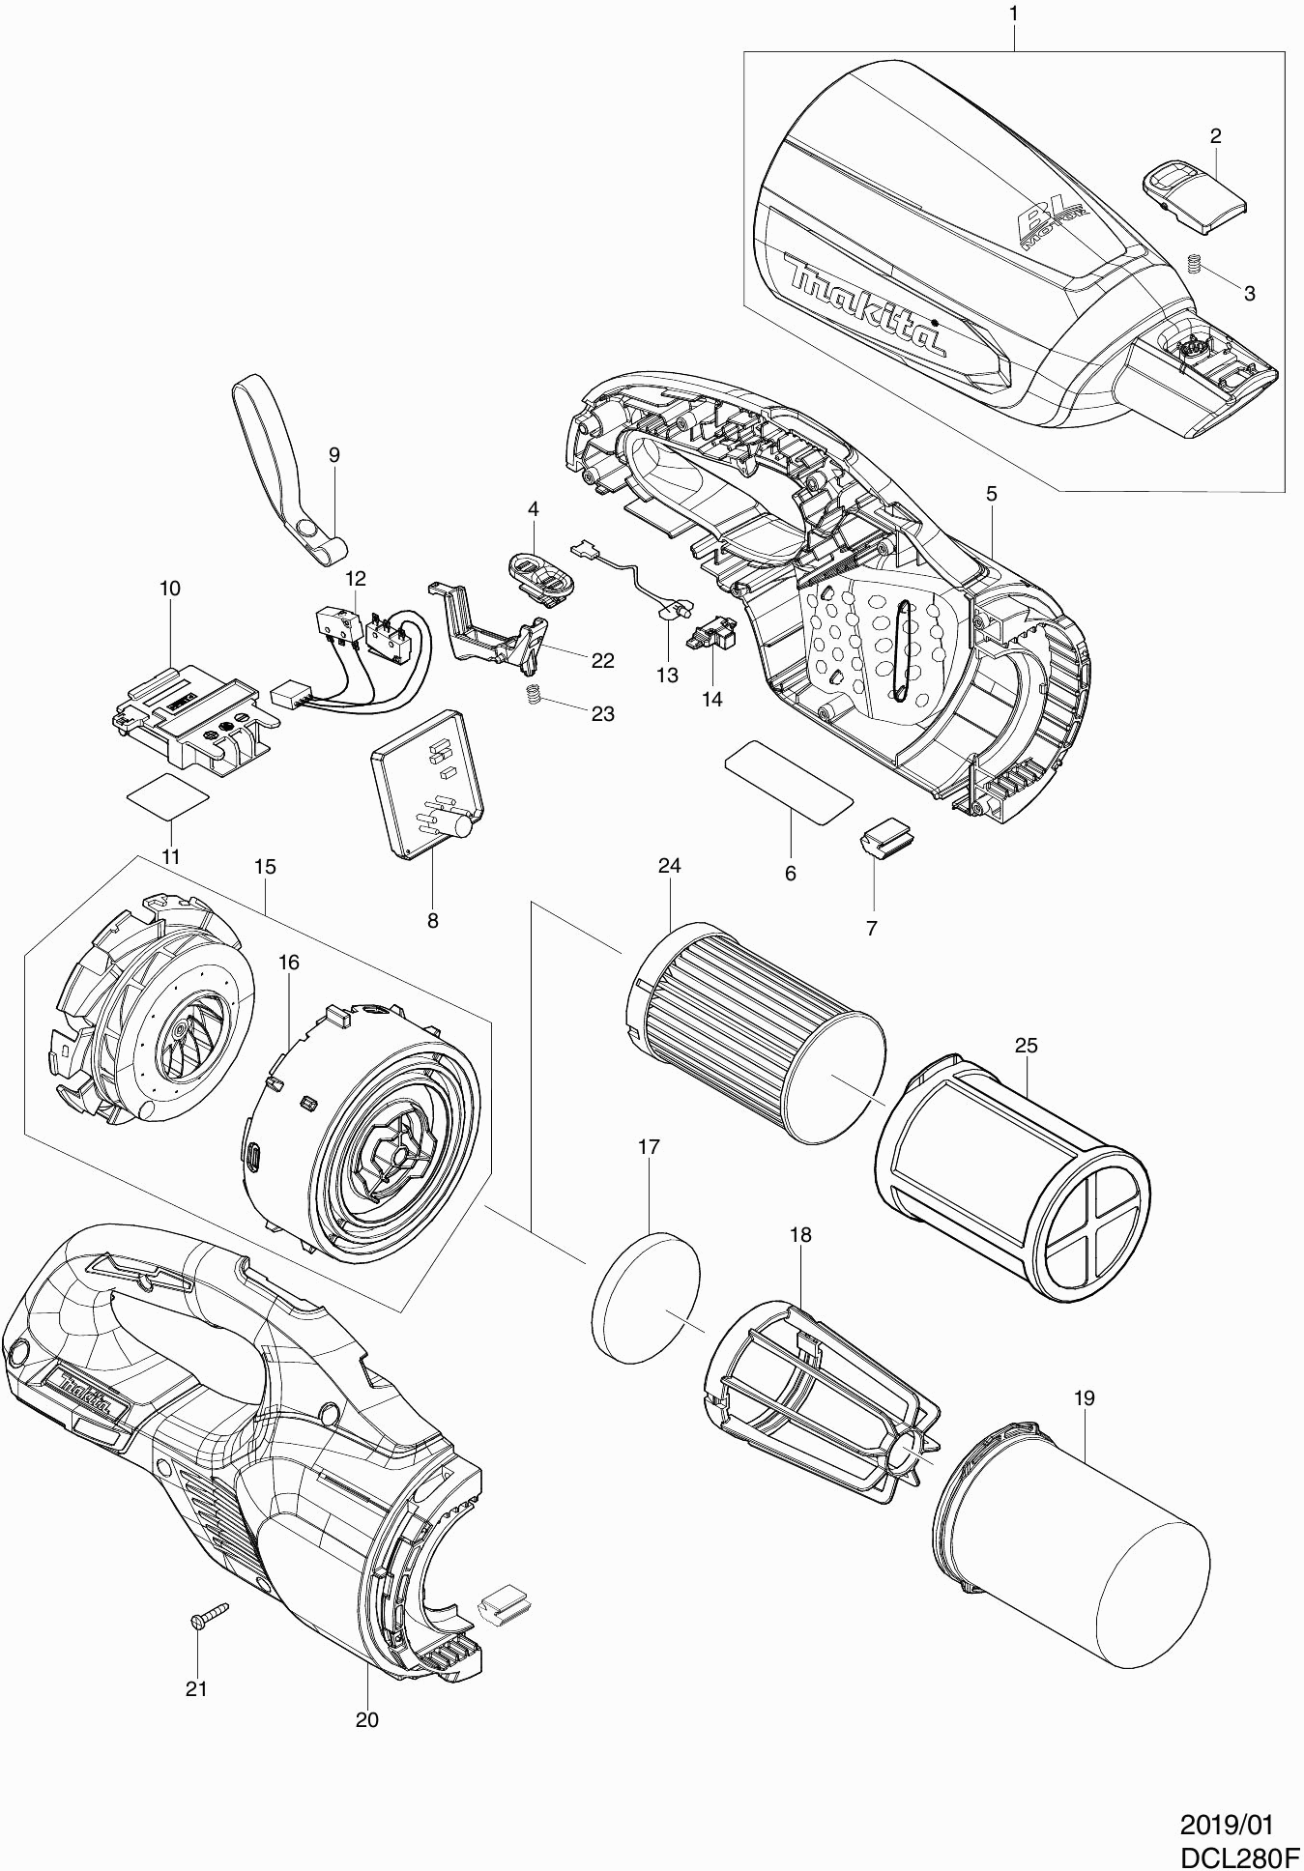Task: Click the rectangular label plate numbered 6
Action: [788, 781]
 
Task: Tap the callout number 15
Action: [265, 867]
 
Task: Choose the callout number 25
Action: [1026, 1045]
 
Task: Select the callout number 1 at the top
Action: [1013, 14]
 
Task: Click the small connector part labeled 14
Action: [713, 633]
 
